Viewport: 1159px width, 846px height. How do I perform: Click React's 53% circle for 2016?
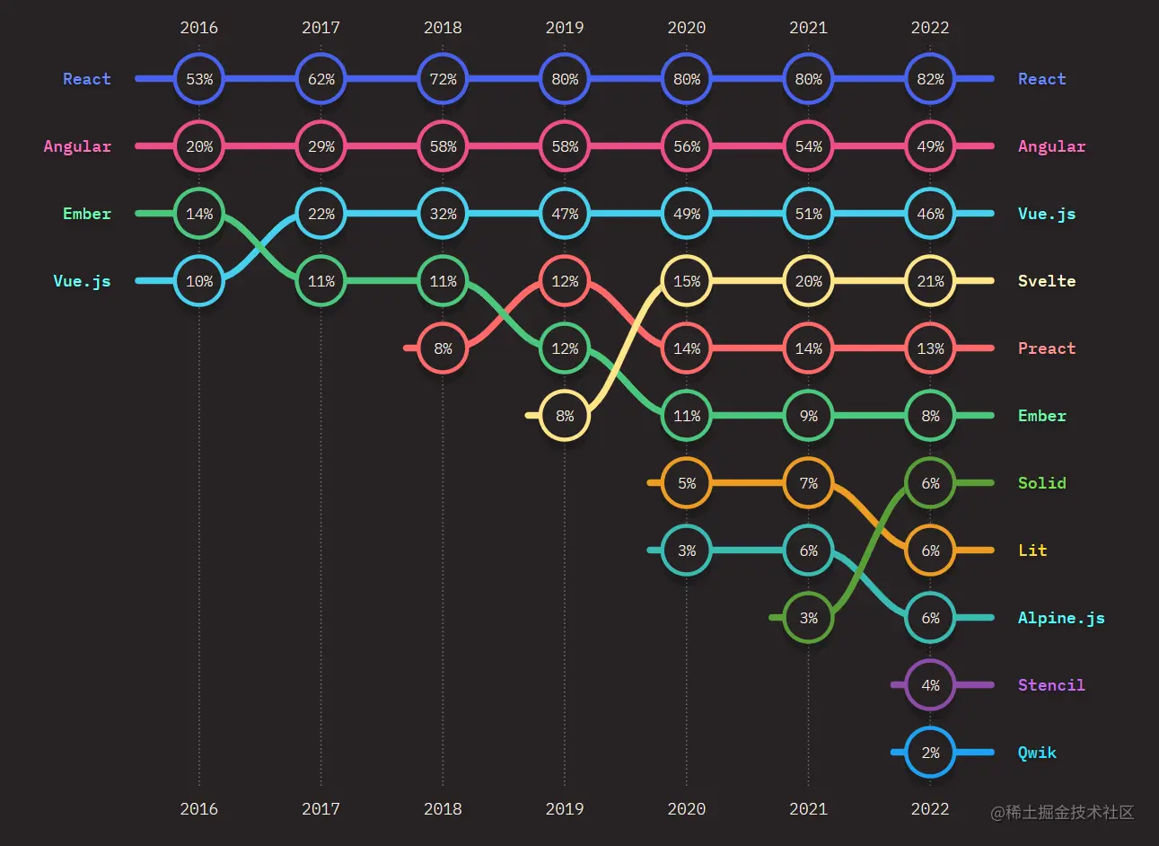199,79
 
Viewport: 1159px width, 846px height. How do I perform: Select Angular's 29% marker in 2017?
321,146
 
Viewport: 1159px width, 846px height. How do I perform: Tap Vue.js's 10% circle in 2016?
199,281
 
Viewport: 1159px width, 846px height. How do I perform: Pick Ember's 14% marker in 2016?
199,214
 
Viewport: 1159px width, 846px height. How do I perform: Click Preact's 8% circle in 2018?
443,348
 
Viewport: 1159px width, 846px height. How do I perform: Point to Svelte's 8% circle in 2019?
565,416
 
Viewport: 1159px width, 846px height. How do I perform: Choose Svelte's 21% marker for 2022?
930,281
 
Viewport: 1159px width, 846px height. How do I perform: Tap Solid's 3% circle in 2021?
809,618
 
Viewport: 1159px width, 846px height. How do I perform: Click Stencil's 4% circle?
930,685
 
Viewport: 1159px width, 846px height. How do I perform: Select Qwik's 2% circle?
930,753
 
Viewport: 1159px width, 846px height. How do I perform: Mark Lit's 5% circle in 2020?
687,483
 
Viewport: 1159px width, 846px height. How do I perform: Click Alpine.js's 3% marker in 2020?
687,551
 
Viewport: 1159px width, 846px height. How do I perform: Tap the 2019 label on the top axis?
565,28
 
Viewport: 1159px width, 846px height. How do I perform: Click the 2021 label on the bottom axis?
809,809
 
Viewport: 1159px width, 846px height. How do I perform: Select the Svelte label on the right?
1047,281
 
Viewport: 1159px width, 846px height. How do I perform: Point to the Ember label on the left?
87,214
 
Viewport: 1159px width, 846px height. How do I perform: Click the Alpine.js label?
1061,618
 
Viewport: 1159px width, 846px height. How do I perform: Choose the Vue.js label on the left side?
82,281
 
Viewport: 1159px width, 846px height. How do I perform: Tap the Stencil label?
1051,685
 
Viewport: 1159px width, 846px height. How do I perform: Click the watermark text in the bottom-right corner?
1062,813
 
